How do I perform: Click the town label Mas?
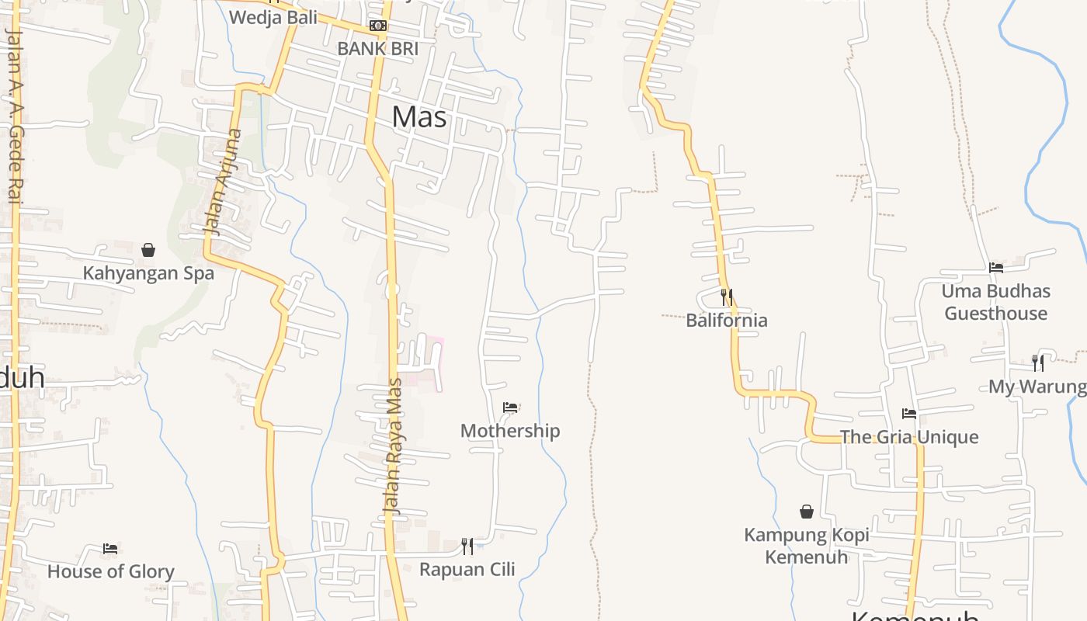coord(419,116)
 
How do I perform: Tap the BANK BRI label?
coord(377,48)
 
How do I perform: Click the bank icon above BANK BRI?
coord(378,26)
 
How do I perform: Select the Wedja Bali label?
coord(274,17)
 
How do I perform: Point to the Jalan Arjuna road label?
coord(223,182)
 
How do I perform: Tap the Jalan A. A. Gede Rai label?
coord(13,116)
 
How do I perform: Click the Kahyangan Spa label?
coord(148,273)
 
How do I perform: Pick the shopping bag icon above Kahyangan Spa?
coord(148,250)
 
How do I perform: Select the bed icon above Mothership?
coord(510,408)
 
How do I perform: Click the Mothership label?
coord(510,431)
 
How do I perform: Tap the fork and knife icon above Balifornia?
coord(727,297)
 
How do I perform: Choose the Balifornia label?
coord(727,320)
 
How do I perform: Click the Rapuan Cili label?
coord(467,569)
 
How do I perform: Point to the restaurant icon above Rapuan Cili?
coord(467,546)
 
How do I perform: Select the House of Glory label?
coord(111,571)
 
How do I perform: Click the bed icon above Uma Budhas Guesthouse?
coord(996,268)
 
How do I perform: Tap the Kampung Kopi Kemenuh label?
coord(807,546)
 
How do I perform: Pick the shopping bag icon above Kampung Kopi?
coord(807,512)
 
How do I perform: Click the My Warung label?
coord(1037,386)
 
